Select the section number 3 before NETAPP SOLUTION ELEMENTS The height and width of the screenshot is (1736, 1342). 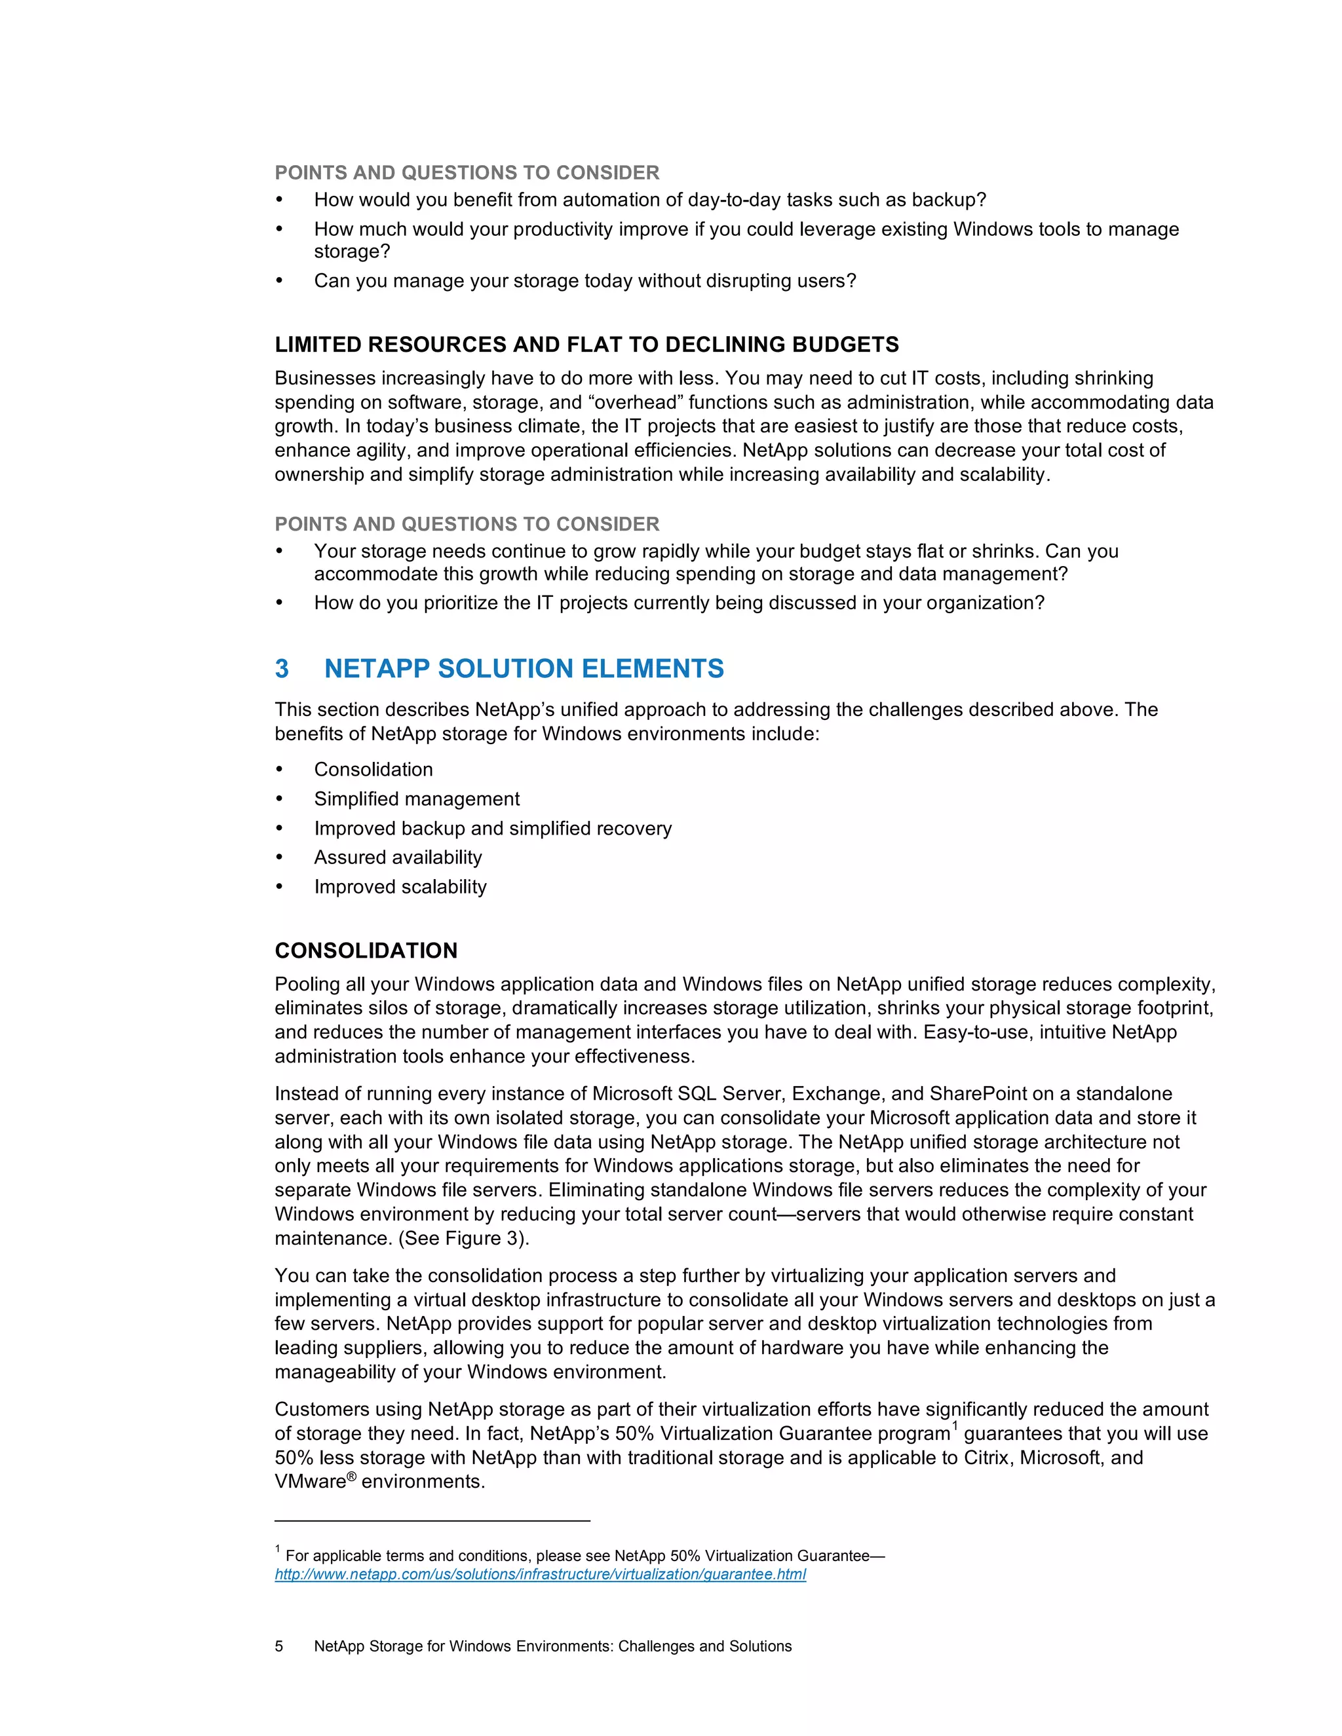pyautogui.click(x=281, y=668)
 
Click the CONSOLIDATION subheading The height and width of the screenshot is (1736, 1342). pyautogui.click(x=366, y=950)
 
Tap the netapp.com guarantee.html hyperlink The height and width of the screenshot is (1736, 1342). pyautogui.click(x=540, y=1574)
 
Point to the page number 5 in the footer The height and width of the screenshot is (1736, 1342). pyautogui.click(x=279, y=1646)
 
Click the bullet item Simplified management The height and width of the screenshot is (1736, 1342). pyautogui.click(x=416, y=799)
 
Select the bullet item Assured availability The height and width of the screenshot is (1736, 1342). pyautogui.click(x=398, y=857)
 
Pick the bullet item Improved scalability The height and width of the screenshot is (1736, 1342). pyautogui.click(x=400, y=886)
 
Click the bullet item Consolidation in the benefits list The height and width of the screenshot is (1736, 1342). pyautogui.click(x=373, y=770)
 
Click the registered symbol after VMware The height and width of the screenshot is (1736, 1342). pyautogui.click(x=351, y=1476)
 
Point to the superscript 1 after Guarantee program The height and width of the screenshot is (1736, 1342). pyautogui.click(x=955, y=1426)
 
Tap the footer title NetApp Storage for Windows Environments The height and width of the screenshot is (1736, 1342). pyautogui.click(x=552, y=1646)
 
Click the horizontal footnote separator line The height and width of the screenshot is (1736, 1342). pyautogui.click(x=432, y=1520)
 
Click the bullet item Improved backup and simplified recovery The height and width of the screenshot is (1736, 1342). pyautogui.click(x=492, y=828)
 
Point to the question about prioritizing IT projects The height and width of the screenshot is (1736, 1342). pyautogui.click(x=678, y=603)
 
